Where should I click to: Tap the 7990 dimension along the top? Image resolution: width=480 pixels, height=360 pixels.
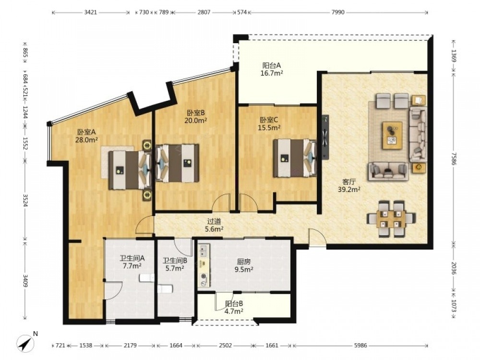pos(337,12)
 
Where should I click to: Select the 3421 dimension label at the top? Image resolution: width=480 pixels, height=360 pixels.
pos(91,12)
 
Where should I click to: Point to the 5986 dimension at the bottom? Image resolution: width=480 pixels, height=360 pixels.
pos(360,345)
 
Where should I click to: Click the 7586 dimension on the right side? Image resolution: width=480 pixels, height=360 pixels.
pos(454,159)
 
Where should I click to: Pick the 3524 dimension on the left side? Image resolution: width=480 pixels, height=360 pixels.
pos(26,200)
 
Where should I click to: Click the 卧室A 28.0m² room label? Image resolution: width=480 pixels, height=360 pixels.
pos(86,136)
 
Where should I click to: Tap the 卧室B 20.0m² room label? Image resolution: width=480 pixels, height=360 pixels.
pos(196,116)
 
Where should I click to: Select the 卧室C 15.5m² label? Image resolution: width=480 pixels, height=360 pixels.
pos(269,124)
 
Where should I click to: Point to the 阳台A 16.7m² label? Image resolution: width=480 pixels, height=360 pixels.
pos(272,69)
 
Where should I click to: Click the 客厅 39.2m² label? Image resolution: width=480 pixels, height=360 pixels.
pos(348,186)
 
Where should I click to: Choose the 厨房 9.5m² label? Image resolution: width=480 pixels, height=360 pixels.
pos(244,265)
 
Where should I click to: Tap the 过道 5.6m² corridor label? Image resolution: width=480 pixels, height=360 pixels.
pos(214,225)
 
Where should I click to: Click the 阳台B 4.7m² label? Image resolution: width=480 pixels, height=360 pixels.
pos(234,307)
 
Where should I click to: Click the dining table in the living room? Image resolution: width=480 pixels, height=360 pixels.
pos(391,218)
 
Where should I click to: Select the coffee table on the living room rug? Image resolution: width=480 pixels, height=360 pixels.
pos(392,136)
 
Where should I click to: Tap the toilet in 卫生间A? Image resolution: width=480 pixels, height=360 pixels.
pos(147,277)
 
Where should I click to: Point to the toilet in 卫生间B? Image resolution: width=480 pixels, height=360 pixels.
pos(165,288)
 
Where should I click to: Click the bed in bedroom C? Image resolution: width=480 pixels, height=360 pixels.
pos(295,158)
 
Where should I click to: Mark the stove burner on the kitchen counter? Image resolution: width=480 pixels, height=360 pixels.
pos(203,277)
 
